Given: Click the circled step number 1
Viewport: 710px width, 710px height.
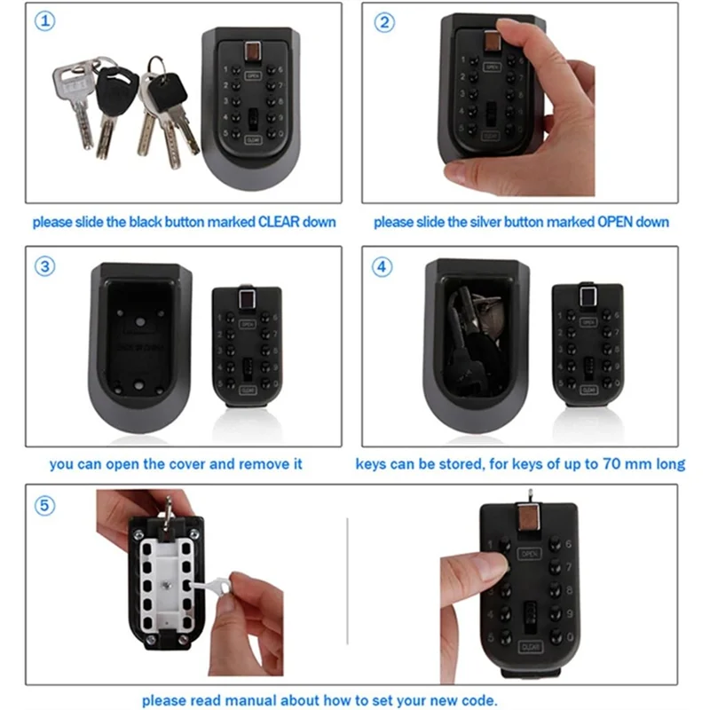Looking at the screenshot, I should [x=45, y=23].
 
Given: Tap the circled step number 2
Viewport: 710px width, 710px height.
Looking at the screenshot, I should [x=383, y=23].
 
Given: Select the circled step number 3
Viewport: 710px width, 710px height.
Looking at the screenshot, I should [x=45, y=266].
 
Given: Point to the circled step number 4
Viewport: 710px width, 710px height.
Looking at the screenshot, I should [x=383, y=266].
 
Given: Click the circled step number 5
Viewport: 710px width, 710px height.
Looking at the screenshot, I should [x=45, y=506].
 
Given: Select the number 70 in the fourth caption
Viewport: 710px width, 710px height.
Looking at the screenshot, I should [x=585, y=463].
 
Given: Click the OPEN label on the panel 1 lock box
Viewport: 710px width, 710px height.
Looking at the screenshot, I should [x=252, y=75].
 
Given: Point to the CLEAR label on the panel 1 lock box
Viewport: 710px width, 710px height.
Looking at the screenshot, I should [x=252, y=138].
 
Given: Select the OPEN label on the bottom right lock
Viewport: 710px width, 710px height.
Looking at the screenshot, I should [x=530, y=554].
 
